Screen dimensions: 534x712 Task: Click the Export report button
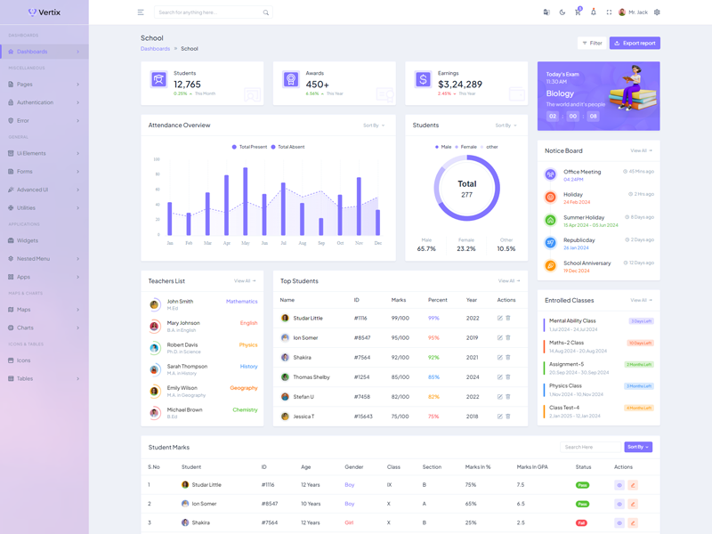coord(635,43)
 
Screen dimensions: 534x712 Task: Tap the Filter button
coord(592,43)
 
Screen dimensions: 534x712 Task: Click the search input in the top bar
coord(209,12)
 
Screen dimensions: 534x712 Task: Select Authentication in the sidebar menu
coord(36,102)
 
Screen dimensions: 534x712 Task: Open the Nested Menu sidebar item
coord(33,259)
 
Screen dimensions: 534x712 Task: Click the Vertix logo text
coord(50,12)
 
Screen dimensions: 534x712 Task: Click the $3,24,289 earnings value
coord(459,85)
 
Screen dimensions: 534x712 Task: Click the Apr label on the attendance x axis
coord(227,243)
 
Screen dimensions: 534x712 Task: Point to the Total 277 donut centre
coord(467,189)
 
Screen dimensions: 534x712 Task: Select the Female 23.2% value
coord(466,249)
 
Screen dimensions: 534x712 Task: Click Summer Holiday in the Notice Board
coord(584,217)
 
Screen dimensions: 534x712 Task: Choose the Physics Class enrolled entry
coord(565,386)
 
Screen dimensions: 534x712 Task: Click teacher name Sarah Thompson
coord(187,366)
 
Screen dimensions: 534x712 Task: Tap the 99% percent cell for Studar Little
coord(433,318)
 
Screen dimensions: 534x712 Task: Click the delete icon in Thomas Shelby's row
coord(508,376)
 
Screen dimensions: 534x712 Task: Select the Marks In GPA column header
coord(532,466)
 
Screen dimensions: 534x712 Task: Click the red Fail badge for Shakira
coord(581,522)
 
